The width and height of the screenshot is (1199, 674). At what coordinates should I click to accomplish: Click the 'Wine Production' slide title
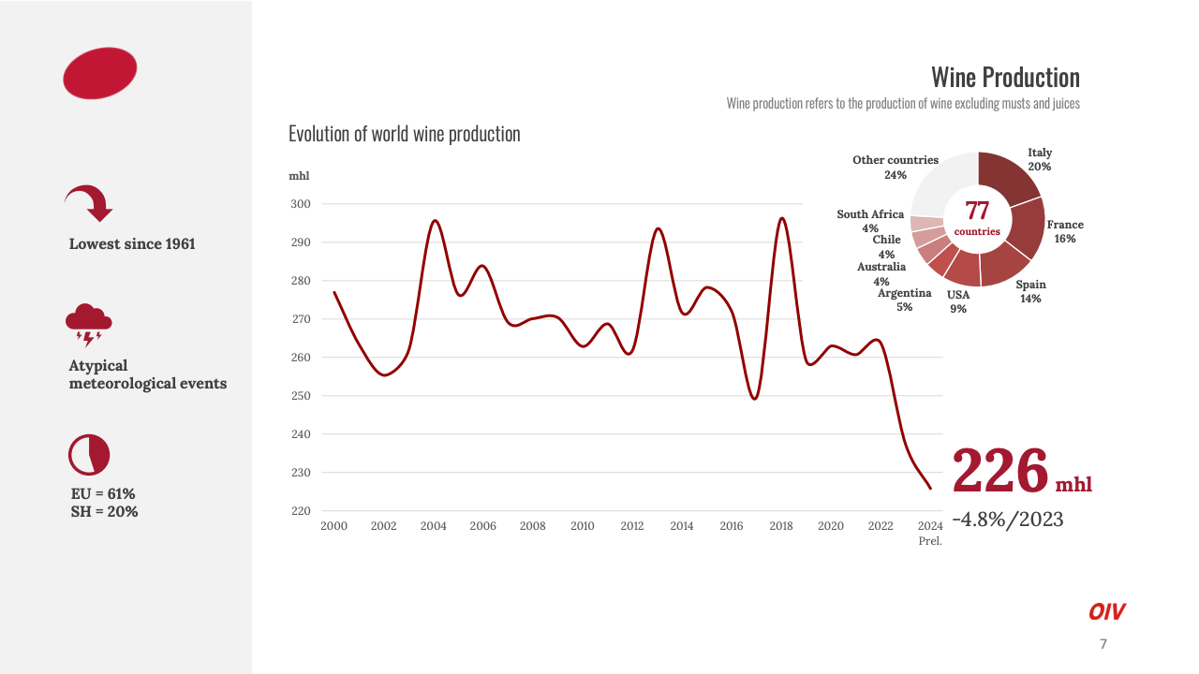click(1005, 77)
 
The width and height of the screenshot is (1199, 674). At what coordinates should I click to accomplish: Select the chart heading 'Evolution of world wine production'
click(404, 134)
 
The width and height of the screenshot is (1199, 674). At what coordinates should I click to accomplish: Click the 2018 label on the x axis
click(781, 526)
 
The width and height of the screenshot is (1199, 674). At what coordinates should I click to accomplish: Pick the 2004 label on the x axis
click(434, 526)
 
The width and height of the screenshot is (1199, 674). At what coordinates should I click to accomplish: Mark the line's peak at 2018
click(782, 218)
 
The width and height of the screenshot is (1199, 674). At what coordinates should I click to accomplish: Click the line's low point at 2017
click(755, 399)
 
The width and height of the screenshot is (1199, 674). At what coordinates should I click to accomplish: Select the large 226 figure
click(999, 470)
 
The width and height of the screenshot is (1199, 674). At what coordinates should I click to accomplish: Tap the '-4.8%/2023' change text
click(1008, 520)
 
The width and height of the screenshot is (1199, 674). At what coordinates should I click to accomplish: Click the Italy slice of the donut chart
click(1008, 178)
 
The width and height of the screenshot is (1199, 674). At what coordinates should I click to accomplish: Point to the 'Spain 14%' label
click(1030, 291)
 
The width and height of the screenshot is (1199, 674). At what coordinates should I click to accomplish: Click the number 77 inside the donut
click(977, 211)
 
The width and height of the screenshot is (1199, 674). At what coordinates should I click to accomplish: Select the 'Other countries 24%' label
click(896, 167)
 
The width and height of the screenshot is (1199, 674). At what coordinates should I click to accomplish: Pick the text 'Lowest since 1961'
click(132, 244)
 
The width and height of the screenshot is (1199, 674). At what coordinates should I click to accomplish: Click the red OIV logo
click(1106, 612)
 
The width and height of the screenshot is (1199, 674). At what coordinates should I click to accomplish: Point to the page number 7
click(1103, 644)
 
